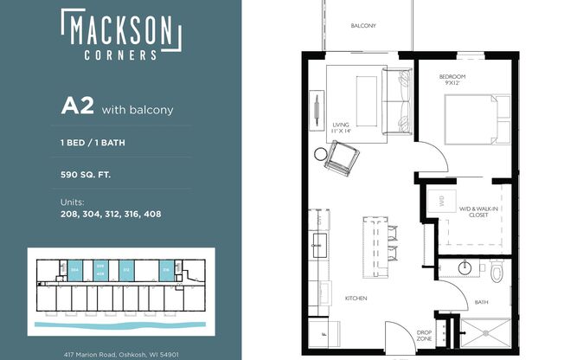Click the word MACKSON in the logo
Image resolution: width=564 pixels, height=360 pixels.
pyautogui.click(x=121, y=32)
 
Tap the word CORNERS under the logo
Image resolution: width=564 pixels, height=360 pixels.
pyautogui.click(x=121, y=54)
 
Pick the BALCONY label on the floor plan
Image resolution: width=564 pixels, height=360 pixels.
pyautogui.click(x=363, y=26)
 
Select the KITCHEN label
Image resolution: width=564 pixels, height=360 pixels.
pyautogui.click(x=356, y=299)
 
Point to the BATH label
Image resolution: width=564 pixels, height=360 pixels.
pyautogui.click(x=482, y=302)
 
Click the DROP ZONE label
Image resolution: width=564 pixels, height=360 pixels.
pyautogui.click(x=423, y=335)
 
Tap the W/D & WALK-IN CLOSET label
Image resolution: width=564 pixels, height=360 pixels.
pyautogui.click(x=478, y=210)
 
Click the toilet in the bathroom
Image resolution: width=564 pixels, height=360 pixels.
pyautogui.click(x=496, y=273)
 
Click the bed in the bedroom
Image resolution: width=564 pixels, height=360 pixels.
pyautogui.click(x=471, y=119)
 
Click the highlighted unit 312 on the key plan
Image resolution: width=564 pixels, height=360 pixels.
pyautogui.click(x=125, y=269)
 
